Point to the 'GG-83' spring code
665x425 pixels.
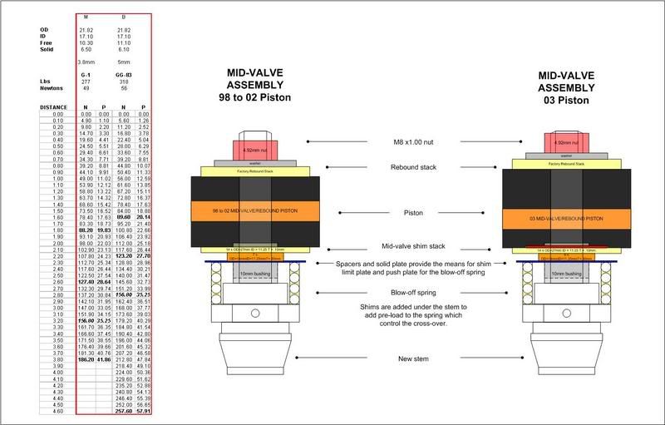tap(124, 73)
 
